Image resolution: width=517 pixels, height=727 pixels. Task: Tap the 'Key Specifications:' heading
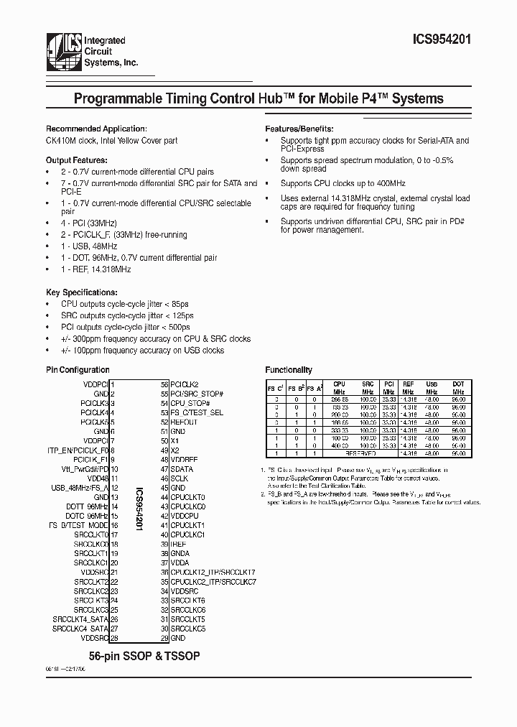[x=81, y=293]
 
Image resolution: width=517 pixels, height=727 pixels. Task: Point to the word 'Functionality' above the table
[x=289, y=370]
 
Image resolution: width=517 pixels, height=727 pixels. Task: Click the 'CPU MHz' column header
[x=340, y=388]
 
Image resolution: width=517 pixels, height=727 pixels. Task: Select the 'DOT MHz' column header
[x=457, y=388]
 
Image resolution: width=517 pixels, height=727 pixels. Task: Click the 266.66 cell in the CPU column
[x=340, y=399]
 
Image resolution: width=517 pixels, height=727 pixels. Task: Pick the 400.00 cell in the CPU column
[x=340, y=446]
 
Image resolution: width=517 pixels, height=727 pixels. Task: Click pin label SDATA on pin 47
[x=182, y=469]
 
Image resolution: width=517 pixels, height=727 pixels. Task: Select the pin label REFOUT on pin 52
[x=185, y=422]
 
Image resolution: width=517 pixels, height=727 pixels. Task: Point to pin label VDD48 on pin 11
[x=98, y=478]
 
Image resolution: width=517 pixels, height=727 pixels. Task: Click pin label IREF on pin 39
[x=179, y=544]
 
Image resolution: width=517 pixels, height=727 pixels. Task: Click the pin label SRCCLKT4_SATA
[x=80, y=619]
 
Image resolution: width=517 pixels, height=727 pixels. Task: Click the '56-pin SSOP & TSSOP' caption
[x=144, y=657]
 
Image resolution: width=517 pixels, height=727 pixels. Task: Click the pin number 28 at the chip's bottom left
[x=113, y=637]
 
